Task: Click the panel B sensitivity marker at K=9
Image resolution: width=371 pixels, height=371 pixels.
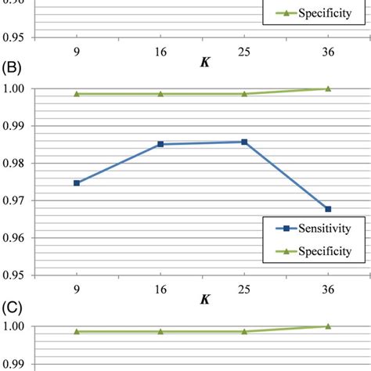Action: pos(77,183)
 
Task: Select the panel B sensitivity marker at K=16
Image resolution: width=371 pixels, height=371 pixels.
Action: pos(160,144)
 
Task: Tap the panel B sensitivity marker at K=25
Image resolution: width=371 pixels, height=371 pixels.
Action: pos(244,142)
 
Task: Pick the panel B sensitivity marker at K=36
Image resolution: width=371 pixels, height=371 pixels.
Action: pos(328,209)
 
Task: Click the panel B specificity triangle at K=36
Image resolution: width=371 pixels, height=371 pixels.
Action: pos(328,88)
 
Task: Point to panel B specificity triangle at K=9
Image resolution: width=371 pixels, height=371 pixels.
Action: pos(77,94)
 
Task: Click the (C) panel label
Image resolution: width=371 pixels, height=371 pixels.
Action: pos(13,304)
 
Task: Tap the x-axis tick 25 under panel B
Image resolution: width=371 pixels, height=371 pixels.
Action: pos(244,288)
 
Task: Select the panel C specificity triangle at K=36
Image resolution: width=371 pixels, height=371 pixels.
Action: pos(328,326)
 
